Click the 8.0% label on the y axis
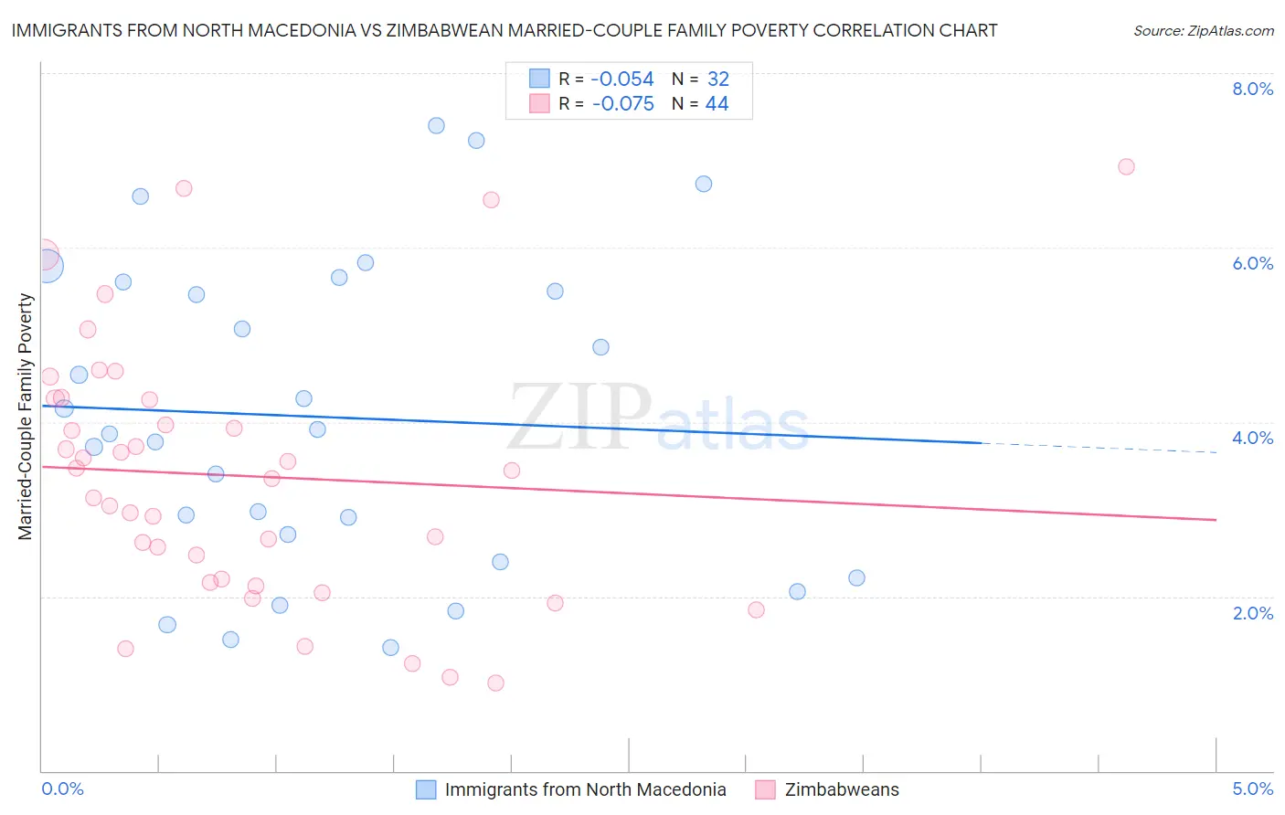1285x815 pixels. (1252, 89)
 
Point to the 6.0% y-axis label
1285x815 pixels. (1252, 263)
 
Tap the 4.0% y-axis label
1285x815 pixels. (1252, 438)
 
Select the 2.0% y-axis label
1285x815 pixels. (1252, 613)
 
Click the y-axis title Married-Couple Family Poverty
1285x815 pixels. (26, 417)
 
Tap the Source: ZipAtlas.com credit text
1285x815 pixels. (1203, 30)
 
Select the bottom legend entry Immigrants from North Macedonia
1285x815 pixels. (585, 789)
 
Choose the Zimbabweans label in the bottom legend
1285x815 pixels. (842, 789)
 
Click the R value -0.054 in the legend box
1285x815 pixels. (622, 79)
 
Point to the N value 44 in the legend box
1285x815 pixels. (717, 104)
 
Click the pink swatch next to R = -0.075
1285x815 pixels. (540, 104)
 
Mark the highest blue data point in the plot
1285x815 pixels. (436, 125)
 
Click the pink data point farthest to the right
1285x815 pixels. (1126, 166)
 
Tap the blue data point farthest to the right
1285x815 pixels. (856, 577)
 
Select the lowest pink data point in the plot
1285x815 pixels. (495, 683)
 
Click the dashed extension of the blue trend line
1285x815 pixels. (1097, 447)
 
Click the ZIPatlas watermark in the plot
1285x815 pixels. (658, 418)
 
